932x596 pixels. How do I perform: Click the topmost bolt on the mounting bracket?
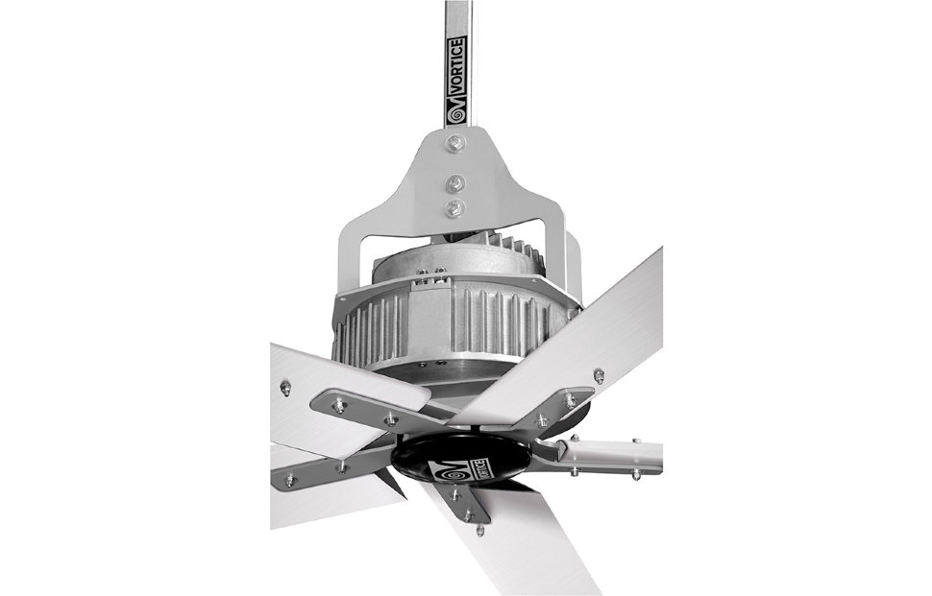[455, 144]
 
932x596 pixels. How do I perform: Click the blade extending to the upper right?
[576, 336]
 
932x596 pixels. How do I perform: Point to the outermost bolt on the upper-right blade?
[599, 375]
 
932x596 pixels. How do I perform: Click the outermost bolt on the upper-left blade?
[285, 388]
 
